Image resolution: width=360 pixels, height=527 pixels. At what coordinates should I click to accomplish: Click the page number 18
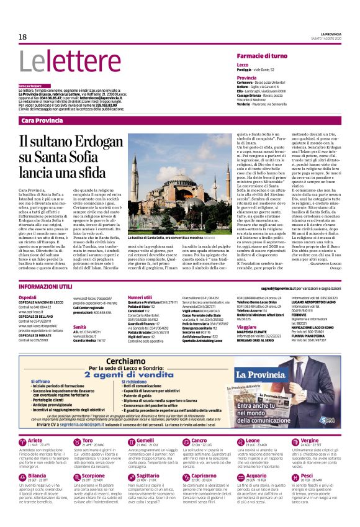[x=22, y=37]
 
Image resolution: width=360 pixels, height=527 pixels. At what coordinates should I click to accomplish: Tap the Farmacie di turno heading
[x=261, y=56]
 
